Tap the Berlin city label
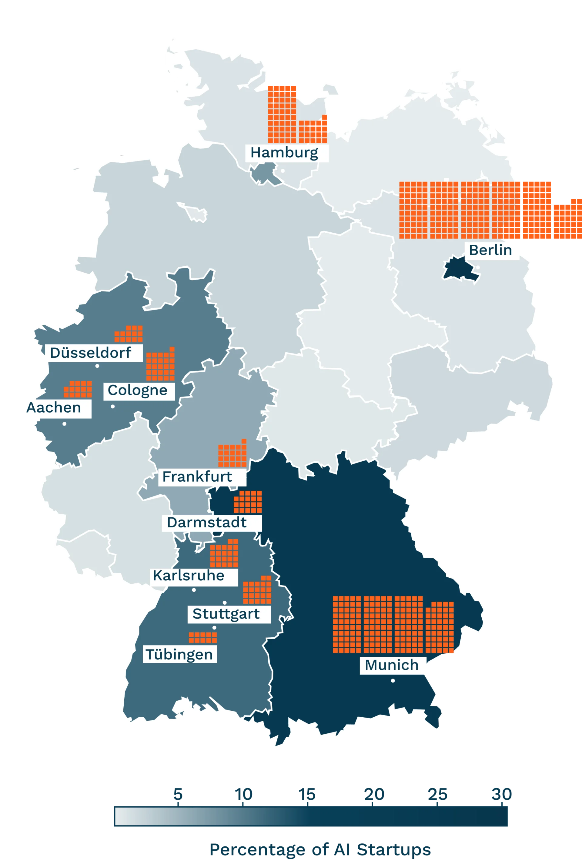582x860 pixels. click(x=490, y=250)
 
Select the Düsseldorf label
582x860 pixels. click(x=91, y=353)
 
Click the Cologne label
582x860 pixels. click(x=138, y=390)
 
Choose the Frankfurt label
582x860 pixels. click(x=198, y=476)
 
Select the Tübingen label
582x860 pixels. click(x=179, y=654)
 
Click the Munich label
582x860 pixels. click(x=392, y=665)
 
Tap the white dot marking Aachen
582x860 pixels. click(x=65, y=424)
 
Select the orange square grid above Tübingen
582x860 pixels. click(x=203, y=637)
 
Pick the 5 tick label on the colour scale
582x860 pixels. click(x=178, y=794)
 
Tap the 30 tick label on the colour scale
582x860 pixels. click(x=502, y=794)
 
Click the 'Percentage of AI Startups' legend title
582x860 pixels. click(x=320, y=850)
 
